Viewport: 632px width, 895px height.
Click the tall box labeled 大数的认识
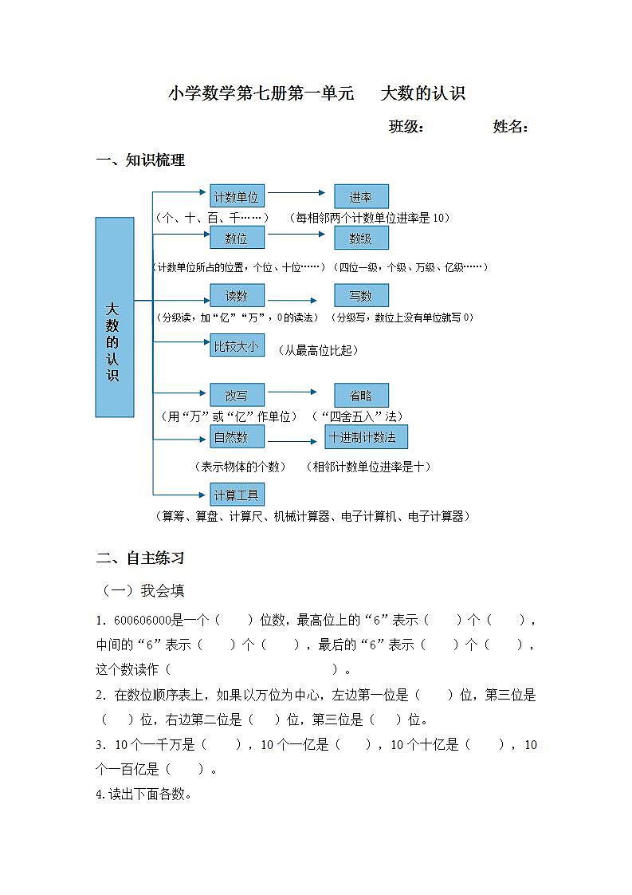[x=114, y=317]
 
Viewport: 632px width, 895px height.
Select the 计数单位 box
[x=237, y=196]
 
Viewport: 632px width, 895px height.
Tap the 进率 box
[x=361, y=196]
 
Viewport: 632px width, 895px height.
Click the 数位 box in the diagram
[x=237, y=238]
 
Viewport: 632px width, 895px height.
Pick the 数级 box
[x=361, y=238]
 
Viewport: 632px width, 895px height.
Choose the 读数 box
[x=237, y=295]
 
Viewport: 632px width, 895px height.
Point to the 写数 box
[x=361, y=295]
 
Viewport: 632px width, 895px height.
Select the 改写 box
[x=237, y=395]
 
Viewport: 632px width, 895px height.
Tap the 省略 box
[x=361, y=395]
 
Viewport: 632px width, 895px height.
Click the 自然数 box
[x=237, y=436]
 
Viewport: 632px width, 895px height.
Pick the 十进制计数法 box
[x=366, y=436]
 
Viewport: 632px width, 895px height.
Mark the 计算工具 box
[x=237, y=495]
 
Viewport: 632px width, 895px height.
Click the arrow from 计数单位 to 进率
[x=296, y=193]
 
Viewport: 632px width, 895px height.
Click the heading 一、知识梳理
[x=140, y=160]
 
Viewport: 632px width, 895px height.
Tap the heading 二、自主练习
[x=140, y=558]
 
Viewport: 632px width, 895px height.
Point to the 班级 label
[x=406, y=127]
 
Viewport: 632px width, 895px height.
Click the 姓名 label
[x=511, y=127]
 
